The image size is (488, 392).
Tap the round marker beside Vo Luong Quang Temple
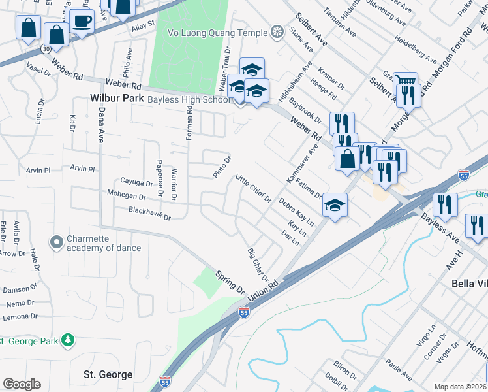coord(277,32)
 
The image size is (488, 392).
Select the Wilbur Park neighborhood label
coord(117,99)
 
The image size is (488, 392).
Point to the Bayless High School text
coord(189,99)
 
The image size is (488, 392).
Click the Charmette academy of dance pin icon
coord(57,242)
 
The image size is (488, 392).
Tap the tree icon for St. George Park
coord(67,340)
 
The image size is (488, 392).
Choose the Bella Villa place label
coord(469,284)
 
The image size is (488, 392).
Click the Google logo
coord(21,384)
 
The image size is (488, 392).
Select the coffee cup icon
coord(82,20)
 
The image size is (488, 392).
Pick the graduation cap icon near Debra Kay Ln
coord(334,206)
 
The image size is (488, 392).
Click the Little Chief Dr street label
coord(253,188)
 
